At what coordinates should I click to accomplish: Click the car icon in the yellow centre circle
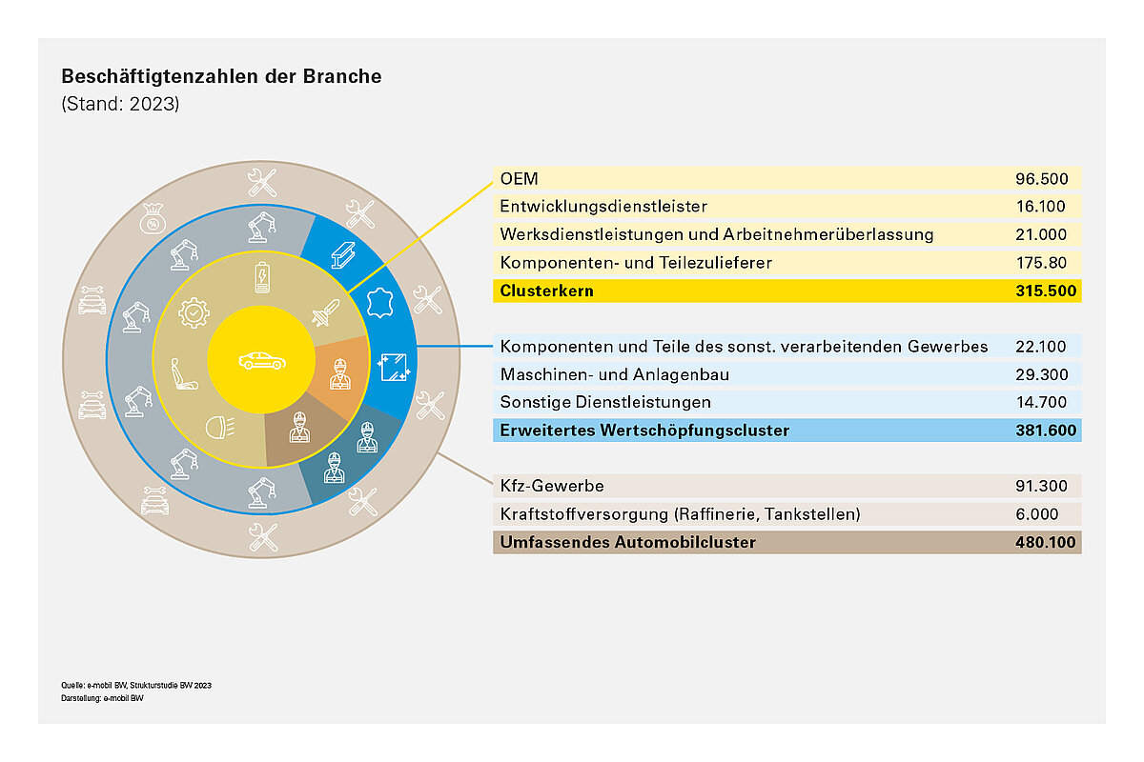click(260, 360)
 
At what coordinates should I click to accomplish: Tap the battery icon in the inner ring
click(261, 279)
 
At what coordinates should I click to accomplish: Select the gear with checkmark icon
click(194, 311)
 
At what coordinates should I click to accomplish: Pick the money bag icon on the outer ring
click(153, 220)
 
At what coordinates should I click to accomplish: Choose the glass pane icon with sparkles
click(392, 367)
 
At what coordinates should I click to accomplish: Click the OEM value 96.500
click(1047, 178)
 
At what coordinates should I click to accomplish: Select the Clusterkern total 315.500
click(1044, 291)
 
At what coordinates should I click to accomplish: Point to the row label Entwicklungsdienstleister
click(603, 206)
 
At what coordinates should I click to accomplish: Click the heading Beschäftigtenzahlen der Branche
click(221, 77)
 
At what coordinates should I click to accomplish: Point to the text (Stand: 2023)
click(120, 104)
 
